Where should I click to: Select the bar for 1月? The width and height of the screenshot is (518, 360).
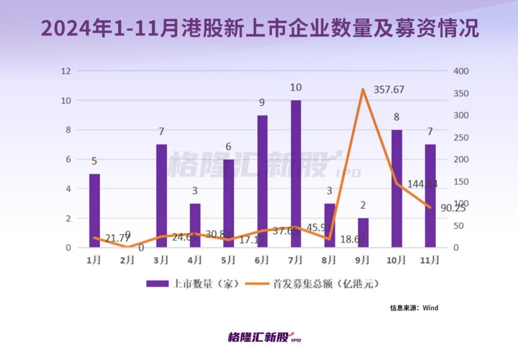pos(94,210)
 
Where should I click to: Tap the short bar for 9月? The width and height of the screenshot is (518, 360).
pos(363,232)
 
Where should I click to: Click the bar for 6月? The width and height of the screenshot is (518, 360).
pos(262,181)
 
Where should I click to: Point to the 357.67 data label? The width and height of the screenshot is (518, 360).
pos(388,90)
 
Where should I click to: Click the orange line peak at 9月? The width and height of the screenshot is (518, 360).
pos(363,89)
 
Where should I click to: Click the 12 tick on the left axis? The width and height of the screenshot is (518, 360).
pos(66,71)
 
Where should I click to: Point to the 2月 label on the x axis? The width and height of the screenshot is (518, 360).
pos(128,260)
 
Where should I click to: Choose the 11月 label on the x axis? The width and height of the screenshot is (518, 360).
pos(430,260)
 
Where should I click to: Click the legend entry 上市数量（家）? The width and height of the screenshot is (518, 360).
pos(192,284)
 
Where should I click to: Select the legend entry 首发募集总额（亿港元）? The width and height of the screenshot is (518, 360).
pos(312,284)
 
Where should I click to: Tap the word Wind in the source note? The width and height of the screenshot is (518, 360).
pos(430,308)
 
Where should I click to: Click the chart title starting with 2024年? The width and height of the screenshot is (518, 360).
pos(259,29)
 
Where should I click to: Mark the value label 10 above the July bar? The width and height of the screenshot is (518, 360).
pos(295,88)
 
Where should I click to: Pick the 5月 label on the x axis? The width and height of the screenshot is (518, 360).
pos(228,260)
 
